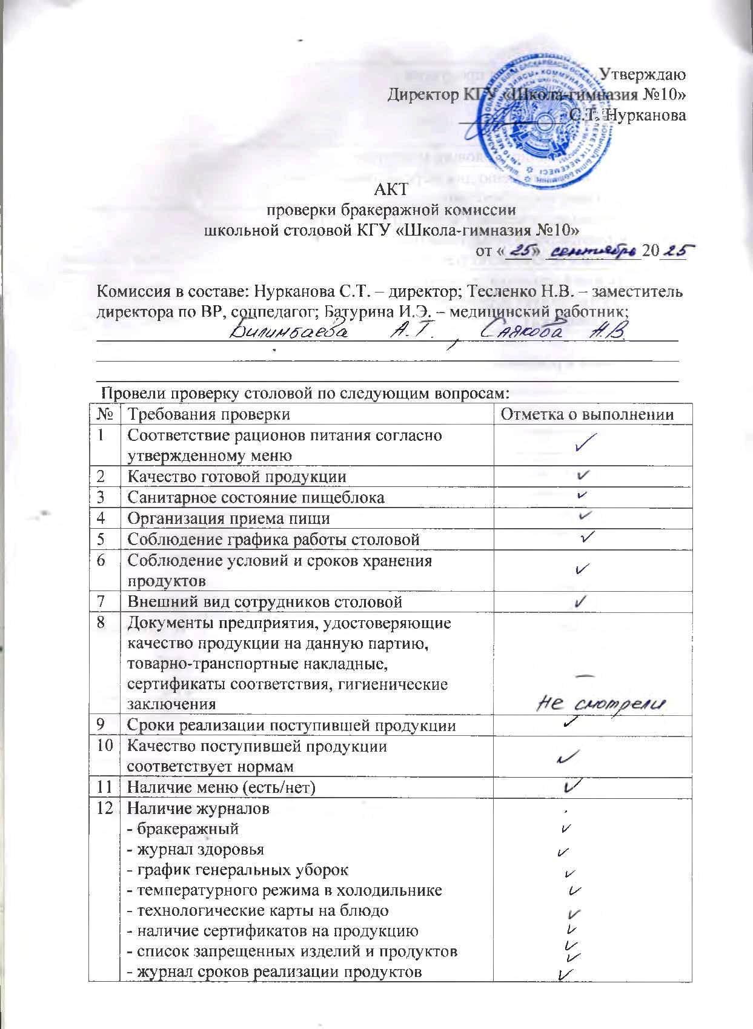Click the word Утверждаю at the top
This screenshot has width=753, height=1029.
tap(642, 75)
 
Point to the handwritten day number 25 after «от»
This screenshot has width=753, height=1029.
tap(518, 250)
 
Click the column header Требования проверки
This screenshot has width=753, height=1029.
tap(208, 414)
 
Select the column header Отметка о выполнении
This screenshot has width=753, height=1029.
tap(586, 414)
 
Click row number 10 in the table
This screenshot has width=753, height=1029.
tap(105, 746)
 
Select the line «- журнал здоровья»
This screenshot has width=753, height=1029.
tap(196, 849)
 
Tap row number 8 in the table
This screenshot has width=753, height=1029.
tap(105, 623)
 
